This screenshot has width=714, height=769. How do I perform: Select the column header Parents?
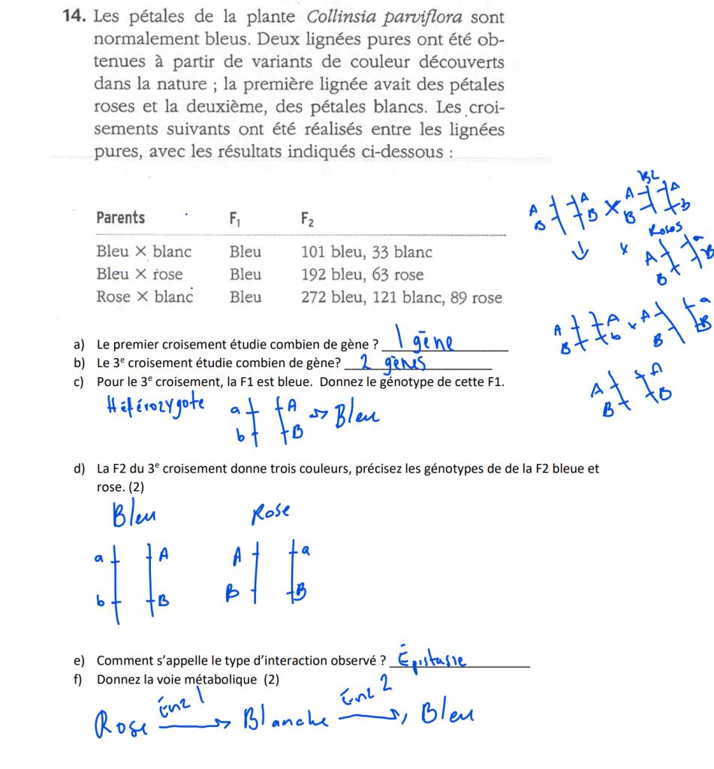121,218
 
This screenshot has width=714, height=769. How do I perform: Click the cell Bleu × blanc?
143,252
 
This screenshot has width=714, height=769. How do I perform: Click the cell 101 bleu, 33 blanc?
363,252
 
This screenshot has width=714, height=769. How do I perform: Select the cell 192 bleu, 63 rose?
360,274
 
